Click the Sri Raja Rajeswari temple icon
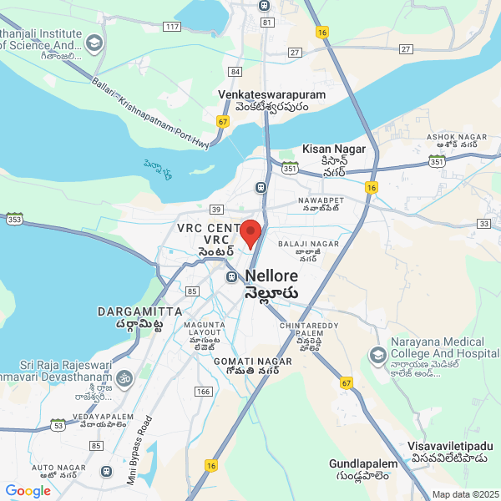124,377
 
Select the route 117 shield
172,28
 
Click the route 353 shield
14,219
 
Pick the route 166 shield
202,391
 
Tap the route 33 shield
484,224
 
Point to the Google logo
28,491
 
